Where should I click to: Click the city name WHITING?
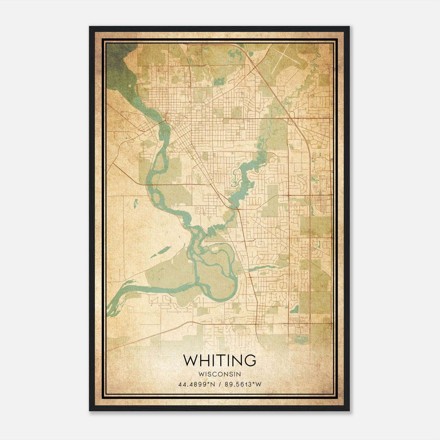click(219, 360)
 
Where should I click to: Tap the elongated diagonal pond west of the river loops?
click(159, 252)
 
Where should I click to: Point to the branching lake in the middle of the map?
click(245, 176)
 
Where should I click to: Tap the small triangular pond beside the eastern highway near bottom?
click(294, 309)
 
